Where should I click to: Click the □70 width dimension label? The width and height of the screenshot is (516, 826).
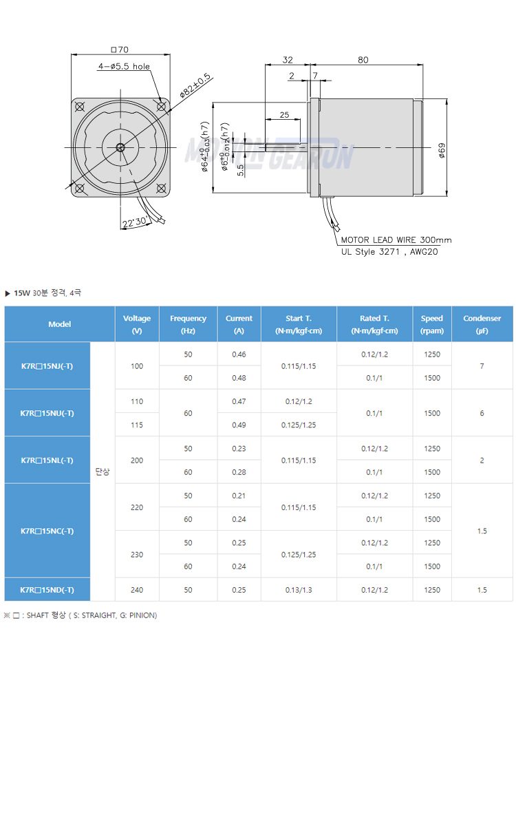(x=120, y=50)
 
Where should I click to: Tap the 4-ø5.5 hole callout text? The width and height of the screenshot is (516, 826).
(x=124, y=66)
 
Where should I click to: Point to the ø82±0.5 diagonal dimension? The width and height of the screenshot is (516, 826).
(x=195, y=85)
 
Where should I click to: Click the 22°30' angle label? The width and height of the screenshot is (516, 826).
(x=135, y=222)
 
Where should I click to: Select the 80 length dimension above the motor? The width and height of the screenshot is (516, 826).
(x=363, y=60)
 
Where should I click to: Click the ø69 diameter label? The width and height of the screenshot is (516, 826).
(x=442, y=151)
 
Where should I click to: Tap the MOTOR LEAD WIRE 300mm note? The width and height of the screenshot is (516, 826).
(x=396, y=240)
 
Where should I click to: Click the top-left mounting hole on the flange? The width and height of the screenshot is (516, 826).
(x=80, y=107)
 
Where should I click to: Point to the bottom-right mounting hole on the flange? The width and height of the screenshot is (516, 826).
(x=161, y=189)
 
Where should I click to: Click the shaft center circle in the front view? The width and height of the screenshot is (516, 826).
(x=120, y=148)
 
